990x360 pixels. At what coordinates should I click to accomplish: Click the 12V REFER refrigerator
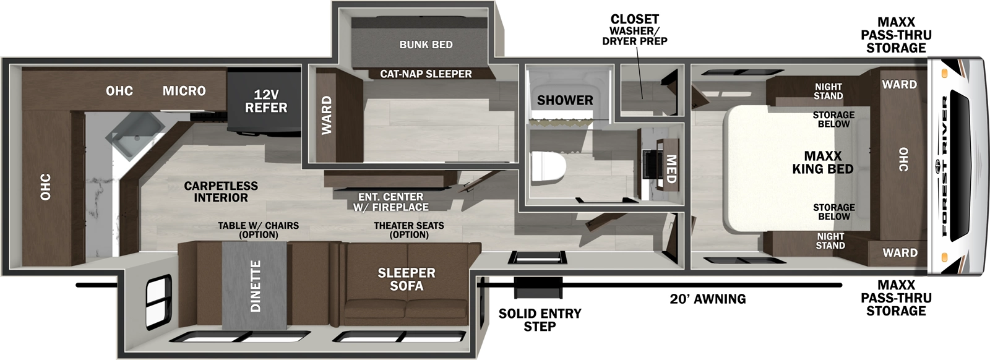pyautogui.click(x=265, y=101)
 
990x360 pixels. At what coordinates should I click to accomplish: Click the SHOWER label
pyautogui.click(x=564, y=100)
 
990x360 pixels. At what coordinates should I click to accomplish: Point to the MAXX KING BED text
pyautogui.click(x=822, y=163)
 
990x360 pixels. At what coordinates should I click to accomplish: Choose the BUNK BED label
pyautogui.click(x=426, y=45)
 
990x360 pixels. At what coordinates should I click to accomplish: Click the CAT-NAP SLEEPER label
pyautogui.click(x=426, y=74)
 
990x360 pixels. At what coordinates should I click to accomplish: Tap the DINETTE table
pyautogui.click(x=254, y=285)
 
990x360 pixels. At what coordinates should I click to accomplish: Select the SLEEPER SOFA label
pyautogui.click(x=407, y=279)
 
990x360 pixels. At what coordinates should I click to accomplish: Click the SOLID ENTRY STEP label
pyautogui.click(x=540, y=320)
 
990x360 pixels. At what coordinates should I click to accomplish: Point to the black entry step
pyautogui.click(x=538, y=286)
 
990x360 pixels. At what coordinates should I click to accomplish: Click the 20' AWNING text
pyautogui.click(x=707, y=299)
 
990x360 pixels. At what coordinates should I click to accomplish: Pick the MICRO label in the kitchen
pyautogui.click(x=184, y=91)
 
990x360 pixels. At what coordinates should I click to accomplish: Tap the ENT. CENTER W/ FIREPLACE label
pyautogui.click(x=390, y=202)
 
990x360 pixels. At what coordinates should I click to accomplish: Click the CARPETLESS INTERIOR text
pyautogui.click(x=220, y=192)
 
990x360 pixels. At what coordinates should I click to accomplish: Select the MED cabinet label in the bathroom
pyautogui.click(x=670, y=168)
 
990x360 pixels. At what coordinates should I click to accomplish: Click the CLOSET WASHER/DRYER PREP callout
pyautogui.click(x=634, y=30)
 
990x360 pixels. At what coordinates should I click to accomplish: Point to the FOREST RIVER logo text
pyautogui.click(x=945, y=166)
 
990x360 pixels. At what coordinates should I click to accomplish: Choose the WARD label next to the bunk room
pyautogui.click(x=326, y=115)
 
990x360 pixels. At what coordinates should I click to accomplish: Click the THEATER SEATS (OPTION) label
pyautogui.click(x=409, y=230)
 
